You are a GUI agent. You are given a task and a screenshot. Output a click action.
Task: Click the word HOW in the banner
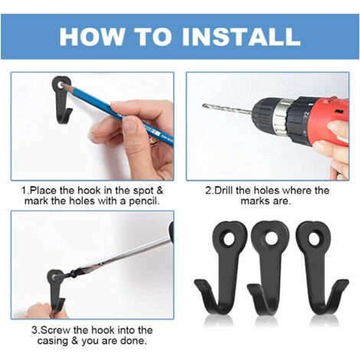(x=92, y=37)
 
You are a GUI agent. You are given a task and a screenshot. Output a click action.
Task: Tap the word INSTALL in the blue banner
(x=241, y=37)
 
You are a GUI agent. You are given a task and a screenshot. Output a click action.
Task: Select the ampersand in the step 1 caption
(x=159, y=191)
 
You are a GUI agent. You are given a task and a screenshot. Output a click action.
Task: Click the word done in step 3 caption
(x=134, y=341)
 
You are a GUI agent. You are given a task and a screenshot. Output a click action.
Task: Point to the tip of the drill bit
(x=204, y=105)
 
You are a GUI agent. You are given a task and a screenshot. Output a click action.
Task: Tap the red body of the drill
(x=329, y=120)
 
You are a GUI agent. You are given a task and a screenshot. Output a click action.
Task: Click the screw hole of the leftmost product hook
(x=229, y=239)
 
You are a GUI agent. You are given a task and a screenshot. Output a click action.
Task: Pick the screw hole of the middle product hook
(x=271, y=238)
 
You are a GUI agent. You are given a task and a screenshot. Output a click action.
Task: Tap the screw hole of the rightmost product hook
(x=314, y=239)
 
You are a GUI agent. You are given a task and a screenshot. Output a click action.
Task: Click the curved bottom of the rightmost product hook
(x=321, y=307)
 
